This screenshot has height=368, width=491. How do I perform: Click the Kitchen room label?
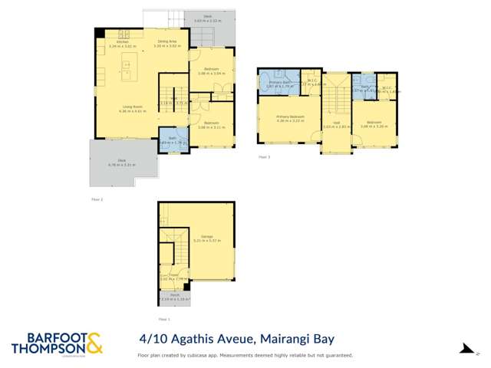(x=123, y=43)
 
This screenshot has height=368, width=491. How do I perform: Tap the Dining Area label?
(x=167, y=43)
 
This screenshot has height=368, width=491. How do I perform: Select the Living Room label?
(x=132, y=108)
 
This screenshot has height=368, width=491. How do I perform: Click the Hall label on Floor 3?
(x=336, y=124)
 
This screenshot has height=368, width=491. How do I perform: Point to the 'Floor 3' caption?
(x=264, y=156)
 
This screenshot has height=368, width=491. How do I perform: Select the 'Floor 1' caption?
(x=163, y=318)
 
